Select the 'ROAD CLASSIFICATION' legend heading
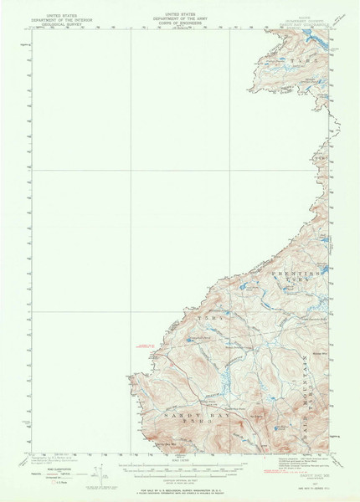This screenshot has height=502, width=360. coord(49,469)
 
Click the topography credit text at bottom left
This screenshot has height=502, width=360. coord(50,458)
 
